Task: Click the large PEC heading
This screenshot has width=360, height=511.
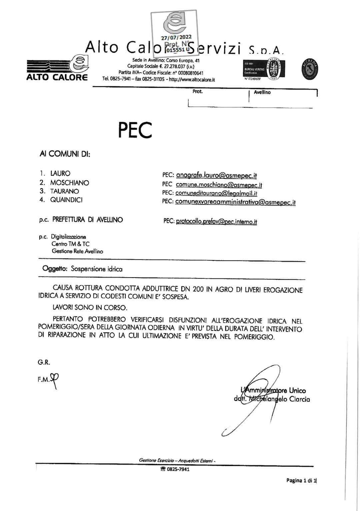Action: [x=135, y=130]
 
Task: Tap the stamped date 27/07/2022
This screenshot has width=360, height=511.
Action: [x=176, y=37]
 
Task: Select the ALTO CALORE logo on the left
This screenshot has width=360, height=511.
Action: [x=57, y=68]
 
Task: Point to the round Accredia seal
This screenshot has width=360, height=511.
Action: [x=310, y=69]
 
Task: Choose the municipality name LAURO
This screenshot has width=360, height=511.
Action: [x=60, y=174]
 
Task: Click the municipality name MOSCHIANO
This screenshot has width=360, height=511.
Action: [x=70, y=183]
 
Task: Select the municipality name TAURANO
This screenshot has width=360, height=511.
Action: [x=65, y=191]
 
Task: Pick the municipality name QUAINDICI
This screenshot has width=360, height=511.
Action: [x=66, y=200]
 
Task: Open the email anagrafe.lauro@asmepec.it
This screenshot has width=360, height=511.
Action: [x=216, y=175]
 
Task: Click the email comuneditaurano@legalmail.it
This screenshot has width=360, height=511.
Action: [x=216, y=193]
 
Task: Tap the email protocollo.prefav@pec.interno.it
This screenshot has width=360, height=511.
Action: [x=216, y=222]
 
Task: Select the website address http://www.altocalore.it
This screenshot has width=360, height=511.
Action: [x=192, y=80]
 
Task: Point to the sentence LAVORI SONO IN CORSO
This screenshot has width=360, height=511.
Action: [x=90, y=307]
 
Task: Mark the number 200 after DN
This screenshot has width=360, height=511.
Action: [x=198, y=289]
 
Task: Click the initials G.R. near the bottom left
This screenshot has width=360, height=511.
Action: [x=44, y=362]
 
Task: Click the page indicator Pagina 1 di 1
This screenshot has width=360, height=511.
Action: [x=301, y=480]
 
